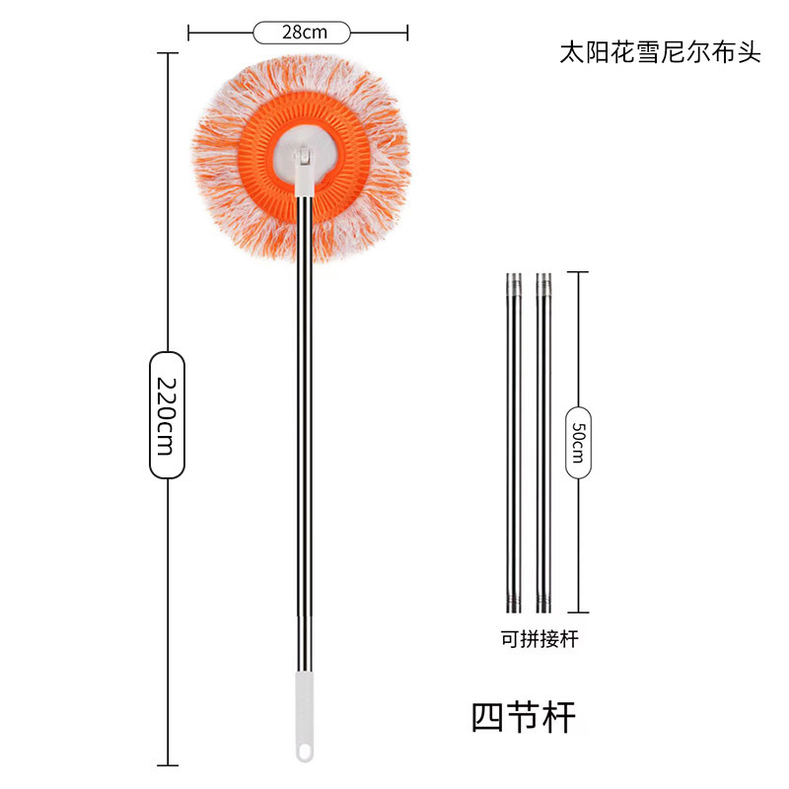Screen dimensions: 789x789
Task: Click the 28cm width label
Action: coord(303,33)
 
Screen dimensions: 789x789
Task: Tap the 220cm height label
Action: coord(167,413)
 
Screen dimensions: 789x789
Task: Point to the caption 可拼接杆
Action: coord(538,638)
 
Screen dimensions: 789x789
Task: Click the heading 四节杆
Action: coord(523,714)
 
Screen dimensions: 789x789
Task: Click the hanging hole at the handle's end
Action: coord(304,753)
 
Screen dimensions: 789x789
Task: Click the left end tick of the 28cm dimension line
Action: coord(188,33)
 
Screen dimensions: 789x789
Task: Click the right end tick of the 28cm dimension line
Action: coord(407,33)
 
